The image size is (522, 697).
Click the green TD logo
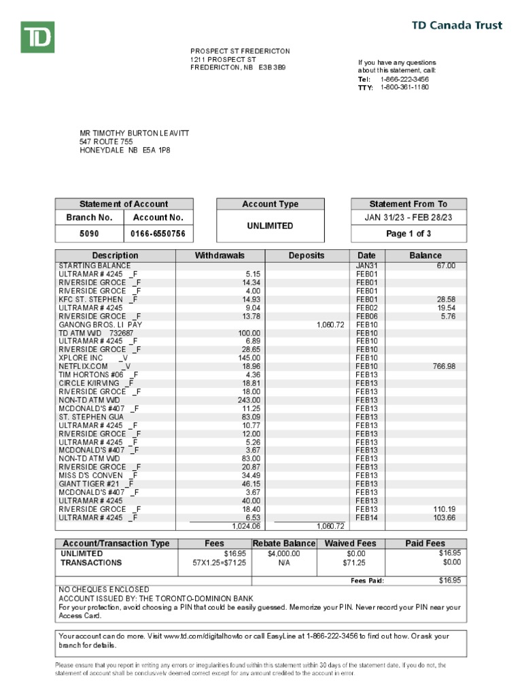[37, 37]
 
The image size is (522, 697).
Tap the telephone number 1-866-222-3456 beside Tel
[404, 79]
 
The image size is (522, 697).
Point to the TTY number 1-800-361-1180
[404, 88]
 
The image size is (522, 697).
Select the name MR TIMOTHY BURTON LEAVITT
[135, 133]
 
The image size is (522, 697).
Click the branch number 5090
[88, 234]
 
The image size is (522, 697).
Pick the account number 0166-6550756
[158, 234]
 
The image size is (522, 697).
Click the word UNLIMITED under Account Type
[271, 226]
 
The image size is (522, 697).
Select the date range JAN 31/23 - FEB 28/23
[408, 217]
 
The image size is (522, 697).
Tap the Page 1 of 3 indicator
[408, 234]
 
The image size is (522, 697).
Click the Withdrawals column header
[220, 255]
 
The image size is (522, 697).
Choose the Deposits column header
[307, 255]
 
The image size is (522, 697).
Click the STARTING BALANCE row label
[94, 265]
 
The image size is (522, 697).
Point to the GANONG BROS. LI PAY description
[101, 325]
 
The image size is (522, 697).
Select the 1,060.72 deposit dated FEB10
[330, 325]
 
